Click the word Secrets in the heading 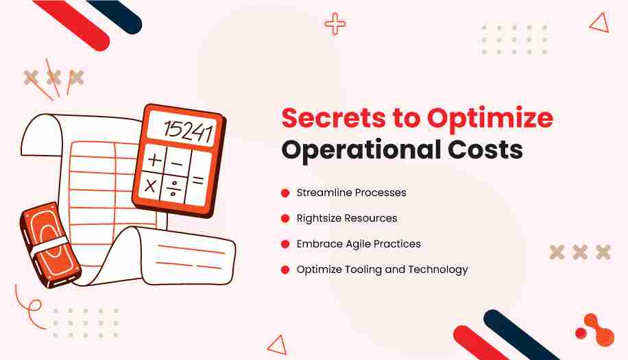[333, 118]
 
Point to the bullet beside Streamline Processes [285, 193]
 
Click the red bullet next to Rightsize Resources [285, 218]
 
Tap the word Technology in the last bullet [438, 269]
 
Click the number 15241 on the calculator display [189, 130]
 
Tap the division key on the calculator [173, 188]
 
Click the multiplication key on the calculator [151, 185]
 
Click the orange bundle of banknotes [50, 245]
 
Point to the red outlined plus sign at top [335, 24]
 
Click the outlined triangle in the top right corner [600, 23]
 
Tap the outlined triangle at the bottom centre [278, 345]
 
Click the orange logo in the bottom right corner [595, 330]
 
